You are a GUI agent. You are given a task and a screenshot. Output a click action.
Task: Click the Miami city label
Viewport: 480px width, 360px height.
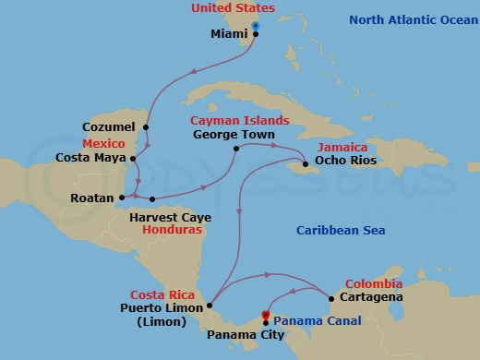(229, 36)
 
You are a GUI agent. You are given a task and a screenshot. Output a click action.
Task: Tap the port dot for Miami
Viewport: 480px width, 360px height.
(256, 35)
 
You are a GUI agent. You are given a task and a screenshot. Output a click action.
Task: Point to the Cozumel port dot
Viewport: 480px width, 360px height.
(146, 126)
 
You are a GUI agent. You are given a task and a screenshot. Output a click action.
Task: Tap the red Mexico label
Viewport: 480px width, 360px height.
(102, 145)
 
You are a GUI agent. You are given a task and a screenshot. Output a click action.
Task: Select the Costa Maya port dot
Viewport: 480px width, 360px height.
(136, 158)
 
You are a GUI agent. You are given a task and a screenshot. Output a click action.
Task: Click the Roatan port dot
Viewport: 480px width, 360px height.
(122, 198)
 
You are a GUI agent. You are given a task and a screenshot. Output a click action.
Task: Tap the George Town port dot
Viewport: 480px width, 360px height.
(237, 148)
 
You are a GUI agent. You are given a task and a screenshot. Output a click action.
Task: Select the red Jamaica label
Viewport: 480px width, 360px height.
(342, 147)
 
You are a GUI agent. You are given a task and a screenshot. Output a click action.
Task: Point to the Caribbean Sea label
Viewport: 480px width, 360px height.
(341, 230)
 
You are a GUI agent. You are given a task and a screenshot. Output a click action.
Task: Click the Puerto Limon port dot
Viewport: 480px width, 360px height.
(211, 306)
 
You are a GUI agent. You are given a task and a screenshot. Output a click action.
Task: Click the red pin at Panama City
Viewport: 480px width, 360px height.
(266, 316)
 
